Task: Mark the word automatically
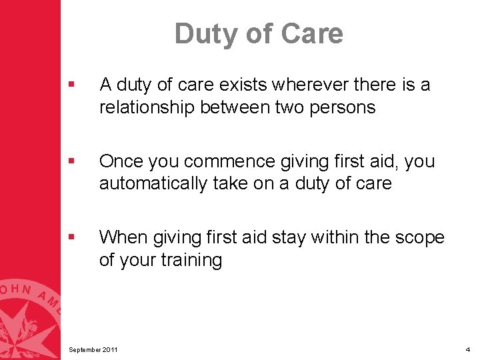click(153, 183)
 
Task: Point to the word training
click(194, 260)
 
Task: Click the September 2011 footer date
click(95, 349)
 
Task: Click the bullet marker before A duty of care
click(71, 85)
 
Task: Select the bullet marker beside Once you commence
click(71, 162)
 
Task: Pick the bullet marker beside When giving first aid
click(71, 238)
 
